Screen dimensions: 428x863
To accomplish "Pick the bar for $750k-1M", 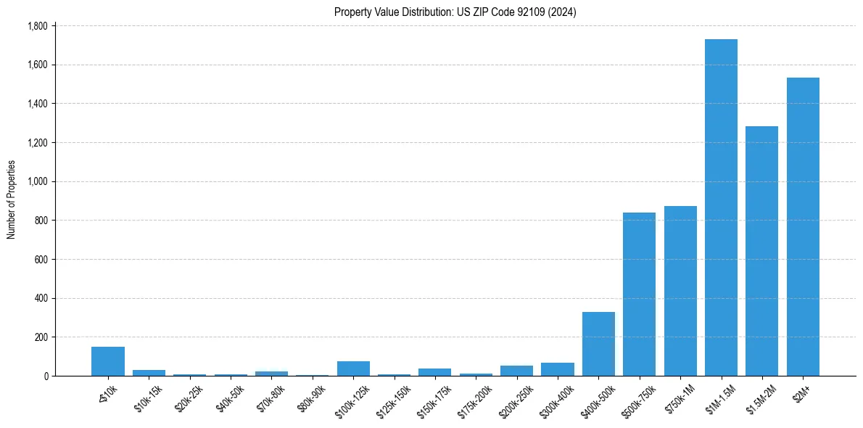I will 680,291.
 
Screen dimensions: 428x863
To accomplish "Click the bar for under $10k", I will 108,361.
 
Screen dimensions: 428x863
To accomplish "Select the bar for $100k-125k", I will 353,369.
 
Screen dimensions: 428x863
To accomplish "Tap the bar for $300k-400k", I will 558,369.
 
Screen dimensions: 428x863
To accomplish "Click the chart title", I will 455,12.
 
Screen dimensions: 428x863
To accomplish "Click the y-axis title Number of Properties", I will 12,200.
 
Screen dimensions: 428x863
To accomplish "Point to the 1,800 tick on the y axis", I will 37,26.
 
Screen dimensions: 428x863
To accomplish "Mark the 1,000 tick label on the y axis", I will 37,181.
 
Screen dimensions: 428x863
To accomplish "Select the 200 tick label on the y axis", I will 41,337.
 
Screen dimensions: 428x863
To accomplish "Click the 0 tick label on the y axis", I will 45,376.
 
